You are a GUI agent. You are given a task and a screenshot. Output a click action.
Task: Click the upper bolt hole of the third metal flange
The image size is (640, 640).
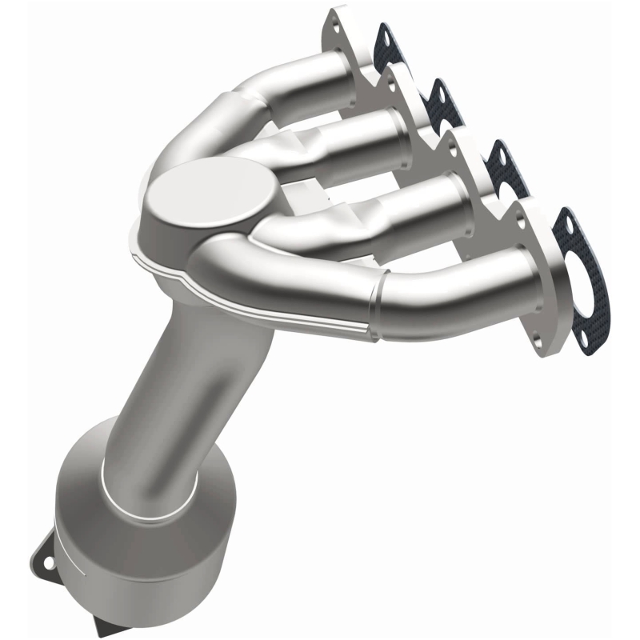click(x=453, y=146)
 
